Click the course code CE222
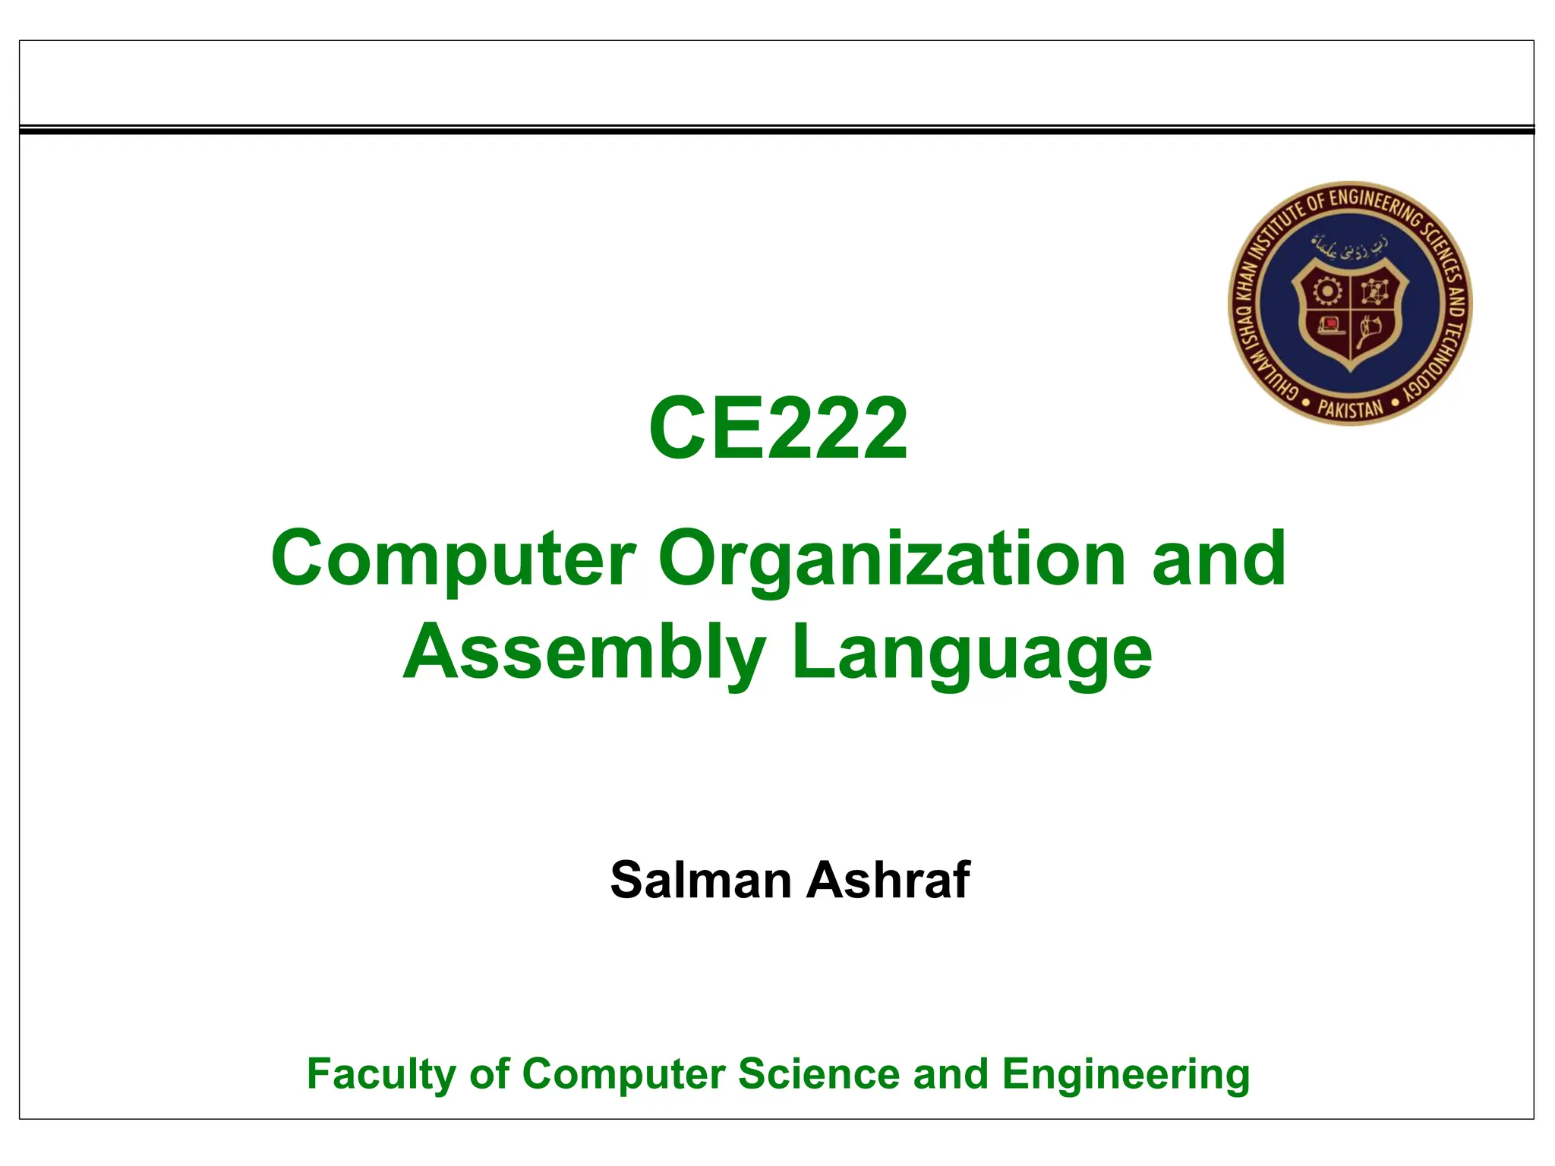click(777, 429)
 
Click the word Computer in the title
click(453, 559)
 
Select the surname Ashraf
click(888, 880)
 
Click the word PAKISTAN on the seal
click(1350, 408)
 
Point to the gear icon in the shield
click(1326, 291)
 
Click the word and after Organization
click(1219, 559)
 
